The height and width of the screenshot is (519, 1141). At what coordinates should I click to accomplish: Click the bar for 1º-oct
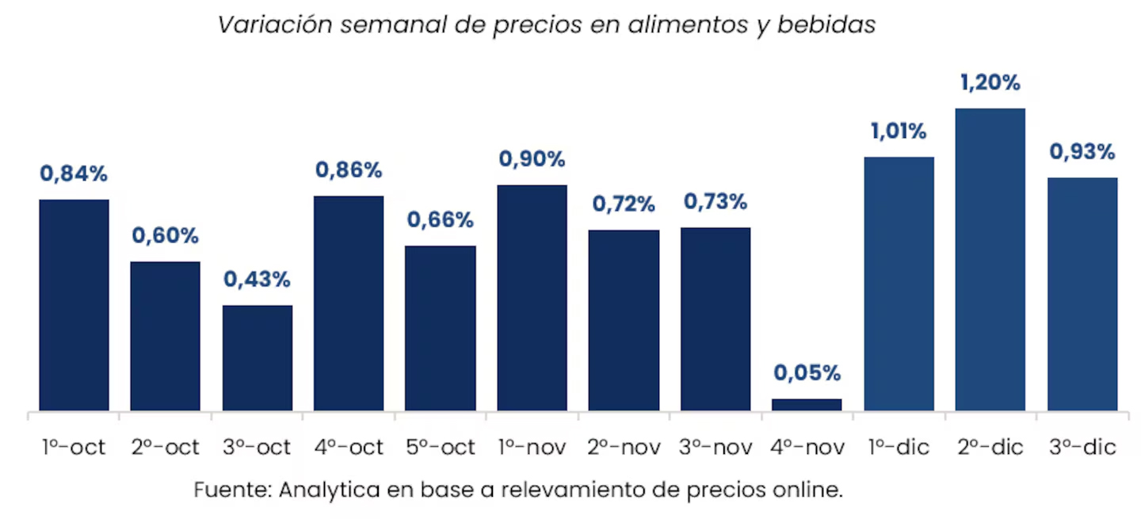click(74, 305)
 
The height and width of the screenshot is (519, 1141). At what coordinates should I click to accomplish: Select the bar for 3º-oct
click(257, 358)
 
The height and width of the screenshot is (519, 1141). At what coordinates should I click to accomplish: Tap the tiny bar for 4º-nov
click(807, 404)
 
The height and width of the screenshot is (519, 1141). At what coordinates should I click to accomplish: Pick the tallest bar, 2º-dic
click(990, 259)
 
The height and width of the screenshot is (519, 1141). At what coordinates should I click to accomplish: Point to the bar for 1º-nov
click(532, 298)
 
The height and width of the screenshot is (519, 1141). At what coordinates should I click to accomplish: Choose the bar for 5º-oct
click(441, 328)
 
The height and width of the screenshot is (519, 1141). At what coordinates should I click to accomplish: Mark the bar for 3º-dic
click(1082, 294)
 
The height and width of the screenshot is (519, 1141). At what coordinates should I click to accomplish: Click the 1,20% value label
click(990, 82)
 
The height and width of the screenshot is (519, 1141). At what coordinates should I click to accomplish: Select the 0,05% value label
click(807, 372)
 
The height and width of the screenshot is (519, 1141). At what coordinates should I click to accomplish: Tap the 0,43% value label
click(257, 280)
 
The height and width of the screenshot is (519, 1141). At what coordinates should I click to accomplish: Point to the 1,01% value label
click(899, 131)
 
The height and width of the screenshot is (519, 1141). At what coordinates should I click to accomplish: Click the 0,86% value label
click(349, 170)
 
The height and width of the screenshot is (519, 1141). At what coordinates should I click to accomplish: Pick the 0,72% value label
click(624, 204)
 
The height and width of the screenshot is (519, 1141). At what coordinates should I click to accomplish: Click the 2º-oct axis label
click(166, 447)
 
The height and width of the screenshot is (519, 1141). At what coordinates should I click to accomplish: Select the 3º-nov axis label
click(716, 447)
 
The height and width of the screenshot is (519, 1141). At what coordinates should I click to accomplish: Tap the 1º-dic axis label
click(899, 447)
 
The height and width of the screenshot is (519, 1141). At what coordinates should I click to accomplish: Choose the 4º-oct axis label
click(349, 447)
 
